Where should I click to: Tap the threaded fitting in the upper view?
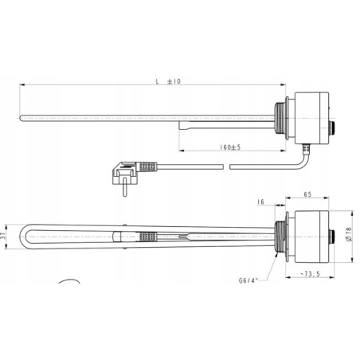[279, 115]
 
